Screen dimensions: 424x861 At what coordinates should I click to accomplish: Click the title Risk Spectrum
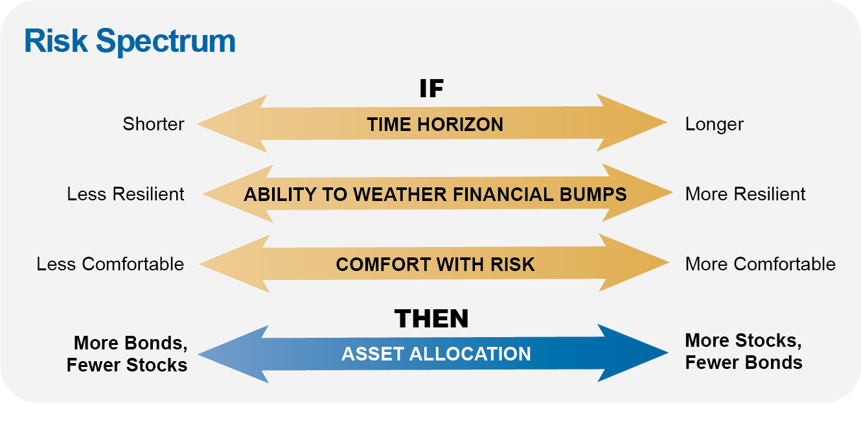pos(130,41)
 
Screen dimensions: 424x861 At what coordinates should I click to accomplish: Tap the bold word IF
pos(431,89)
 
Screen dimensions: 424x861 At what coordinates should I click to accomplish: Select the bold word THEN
pos(431,319)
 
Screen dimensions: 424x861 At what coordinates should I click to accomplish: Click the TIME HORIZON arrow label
pos(435,124)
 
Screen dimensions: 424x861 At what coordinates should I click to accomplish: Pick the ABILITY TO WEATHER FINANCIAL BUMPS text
pos(435,194)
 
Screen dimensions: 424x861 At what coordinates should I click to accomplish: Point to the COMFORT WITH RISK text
pos(435,265)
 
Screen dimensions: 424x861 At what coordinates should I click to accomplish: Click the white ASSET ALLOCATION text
pos(436,354)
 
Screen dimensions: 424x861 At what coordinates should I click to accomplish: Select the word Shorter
pos(154,124)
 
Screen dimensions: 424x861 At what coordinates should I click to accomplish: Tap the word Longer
pos(714,124)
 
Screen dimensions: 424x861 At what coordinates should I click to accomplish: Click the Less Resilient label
pos(126,194)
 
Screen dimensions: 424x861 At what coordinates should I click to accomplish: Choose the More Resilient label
pos(745,194)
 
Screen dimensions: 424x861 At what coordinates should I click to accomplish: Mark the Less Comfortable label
pos(110,264)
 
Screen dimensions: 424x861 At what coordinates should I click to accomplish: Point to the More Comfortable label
pos(760,264)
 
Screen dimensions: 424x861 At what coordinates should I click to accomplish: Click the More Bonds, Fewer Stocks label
pos(128,354)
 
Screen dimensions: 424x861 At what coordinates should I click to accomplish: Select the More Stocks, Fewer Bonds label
pos(744,351)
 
